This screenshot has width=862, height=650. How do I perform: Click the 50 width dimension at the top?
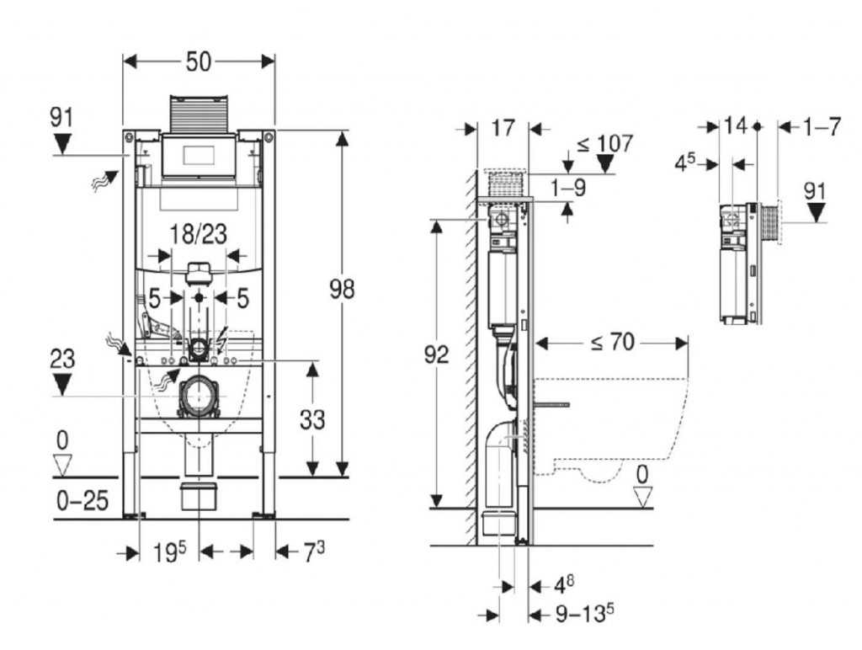[x=199, y=61]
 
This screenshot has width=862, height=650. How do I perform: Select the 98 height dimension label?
[x=341, y=290]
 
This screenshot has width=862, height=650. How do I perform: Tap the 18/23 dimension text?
[x=200, y=234]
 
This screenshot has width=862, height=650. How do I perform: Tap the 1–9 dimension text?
[x=568, y=189]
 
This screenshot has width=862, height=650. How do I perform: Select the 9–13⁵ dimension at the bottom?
[x=578, y=615]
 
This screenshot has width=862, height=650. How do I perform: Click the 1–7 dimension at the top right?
[x=822, y=127]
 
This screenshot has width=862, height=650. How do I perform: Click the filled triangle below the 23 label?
[x=62, y=386]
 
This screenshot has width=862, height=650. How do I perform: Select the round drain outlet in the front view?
[x=200, y=393]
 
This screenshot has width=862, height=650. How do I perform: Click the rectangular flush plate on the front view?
[x=200, y=156]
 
